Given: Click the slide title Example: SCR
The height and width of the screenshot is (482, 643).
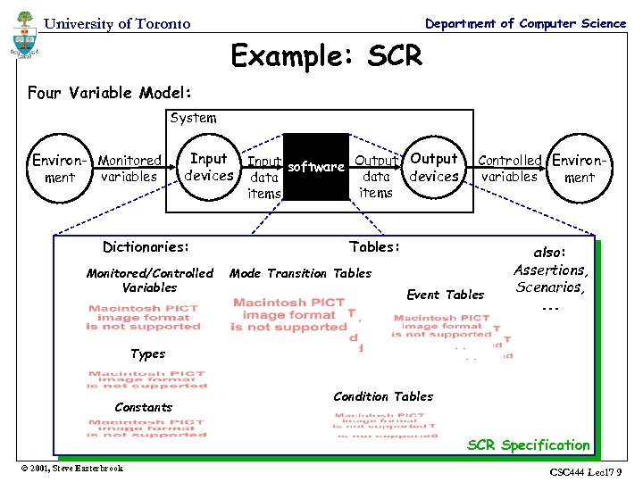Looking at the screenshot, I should click(x=326, y=56).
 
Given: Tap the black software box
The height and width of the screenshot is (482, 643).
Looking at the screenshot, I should click(x=315, y=167).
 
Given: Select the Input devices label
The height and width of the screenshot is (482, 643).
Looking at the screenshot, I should click(x=208, y=167).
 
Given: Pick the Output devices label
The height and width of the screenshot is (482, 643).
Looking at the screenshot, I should click(x=433, y=167).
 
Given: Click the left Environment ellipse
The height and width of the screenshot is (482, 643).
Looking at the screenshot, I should click(x=59, y=169).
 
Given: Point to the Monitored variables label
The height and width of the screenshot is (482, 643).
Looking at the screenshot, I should click(x=129, y=169).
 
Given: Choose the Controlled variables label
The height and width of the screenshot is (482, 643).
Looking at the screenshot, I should click(x=509, y=169).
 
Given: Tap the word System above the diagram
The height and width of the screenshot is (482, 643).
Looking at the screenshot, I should click(x=193, y=118).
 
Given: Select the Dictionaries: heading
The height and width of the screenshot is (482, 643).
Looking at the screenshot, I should click(x=146, y=246).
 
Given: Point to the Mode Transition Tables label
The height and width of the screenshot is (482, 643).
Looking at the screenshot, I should click(x=300, y=273).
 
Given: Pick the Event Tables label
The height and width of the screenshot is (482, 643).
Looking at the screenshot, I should click(x=445, y=295).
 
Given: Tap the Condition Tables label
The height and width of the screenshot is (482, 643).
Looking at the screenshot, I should click(x=382, y=396).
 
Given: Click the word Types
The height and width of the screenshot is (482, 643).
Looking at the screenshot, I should click(x=147, y=353).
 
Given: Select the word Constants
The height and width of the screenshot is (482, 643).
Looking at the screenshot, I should click(x=144, y=407).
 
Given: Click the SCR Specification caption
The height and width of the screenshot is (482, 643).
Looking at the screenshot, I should click(x=529, y=445).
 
